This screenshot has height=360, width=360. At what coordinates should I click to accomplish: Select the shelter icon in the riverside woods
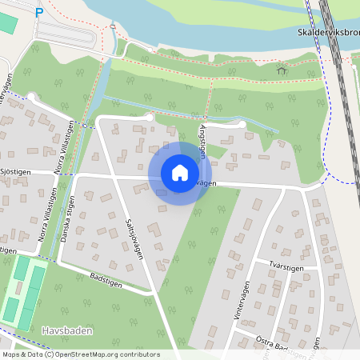tap(281, 70)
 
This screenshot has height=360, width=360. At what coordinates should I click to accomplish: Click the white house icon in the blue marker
tap(180, 173)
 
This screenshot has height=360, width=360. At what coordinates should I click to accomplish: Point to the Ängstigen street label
tap(202, 136)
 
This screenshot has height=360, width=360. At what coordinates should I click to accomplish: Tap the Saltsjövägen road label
tap(136, 238)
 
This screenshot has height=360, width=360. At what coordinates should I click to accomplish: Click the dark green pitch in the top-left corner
tap(6, 22)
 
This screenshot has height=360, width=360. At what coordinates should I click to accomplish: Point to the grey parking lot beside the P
tap(68, 33)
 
